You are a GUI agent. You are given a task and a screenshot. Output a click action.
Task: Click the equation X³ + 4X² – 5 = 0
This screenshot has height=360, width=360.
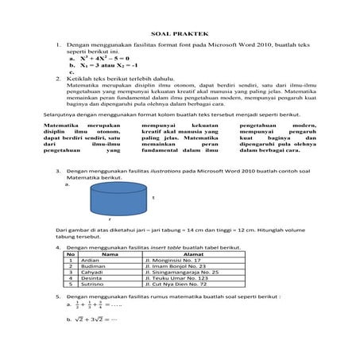tap(94, 59)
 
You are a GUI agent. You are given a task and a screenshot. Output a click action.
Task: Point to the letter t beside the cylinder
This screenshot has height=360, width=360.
tap(152, 197)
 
